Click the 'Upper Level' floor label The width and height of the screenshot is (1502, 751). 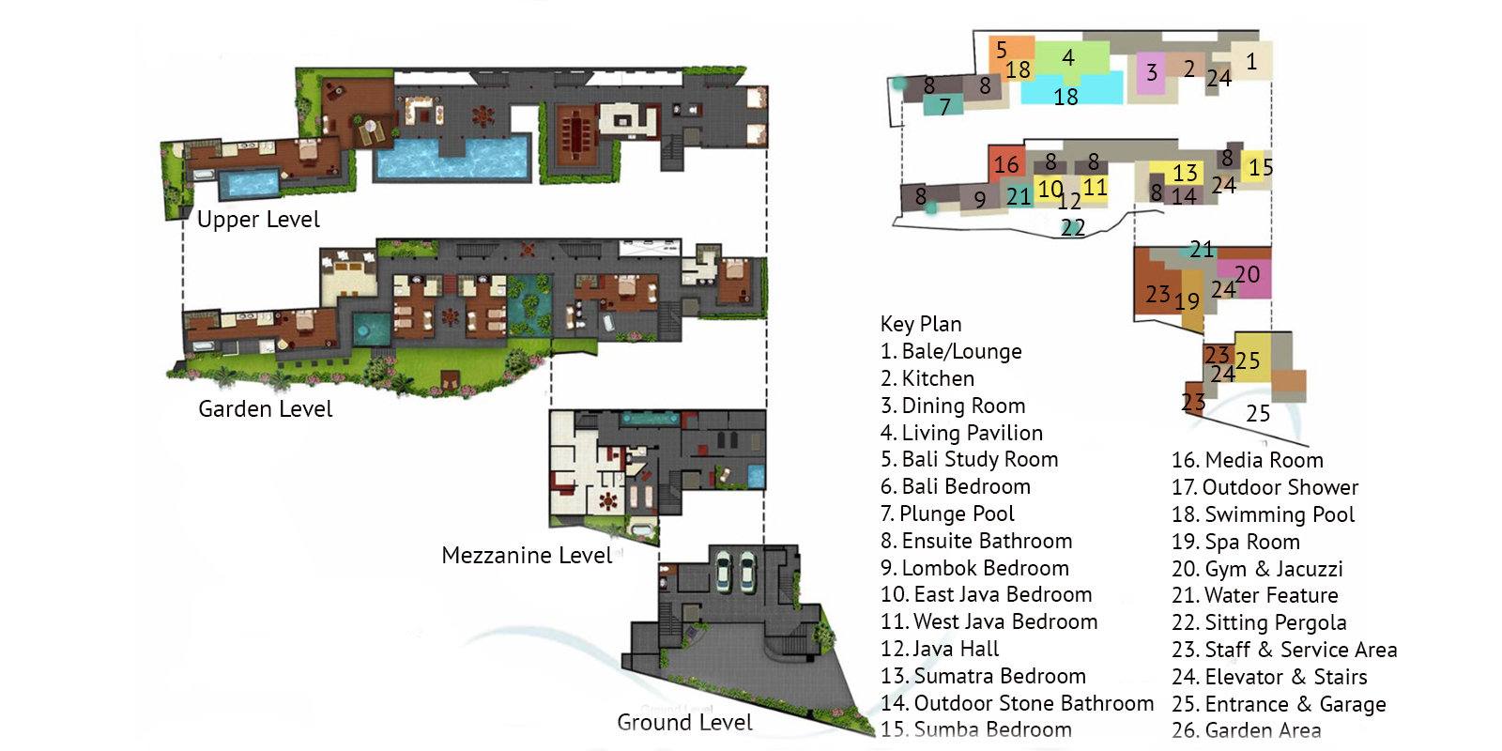(258, 220)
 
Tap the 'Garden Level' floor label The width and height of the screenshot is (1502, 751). (266, 409)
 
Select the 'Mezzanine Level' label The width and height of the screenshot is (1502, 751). (527, 555)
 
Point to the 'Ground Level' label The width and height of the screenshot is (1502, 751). (684, 722)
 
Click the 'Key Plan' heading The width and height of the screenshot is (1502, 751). (921, 325)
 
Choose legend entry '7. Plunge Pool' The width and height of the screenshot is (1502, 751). (947, 513)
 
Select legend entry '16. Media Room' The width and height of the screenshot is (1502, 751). (1248, 460)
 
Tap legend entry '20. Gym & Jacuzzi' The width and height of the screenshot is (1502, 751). (1257, 569)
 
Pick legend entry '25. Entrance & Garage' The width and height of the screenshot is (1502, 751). (1279, 704)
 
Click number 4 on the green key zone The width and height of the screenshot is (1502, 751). (1068, 57)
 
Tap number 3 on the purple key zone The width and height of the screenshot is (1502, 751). (1151, 72)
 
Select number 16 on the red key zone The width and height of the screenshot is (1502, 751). (1005, 164)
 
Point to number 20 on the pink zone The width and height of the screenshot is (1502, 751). (1248, 274)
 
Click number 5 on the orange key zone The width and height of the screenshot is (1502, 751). (1001, 50)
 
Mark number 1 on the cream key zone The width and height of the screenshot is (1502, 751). (1251, 62)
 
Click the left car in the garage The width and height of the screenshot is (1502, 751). (724, 572)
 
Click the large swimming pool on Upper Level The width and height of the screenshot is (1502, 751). (452, 159)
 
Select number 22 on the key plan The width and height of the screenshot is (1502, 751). (1073, 228)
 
